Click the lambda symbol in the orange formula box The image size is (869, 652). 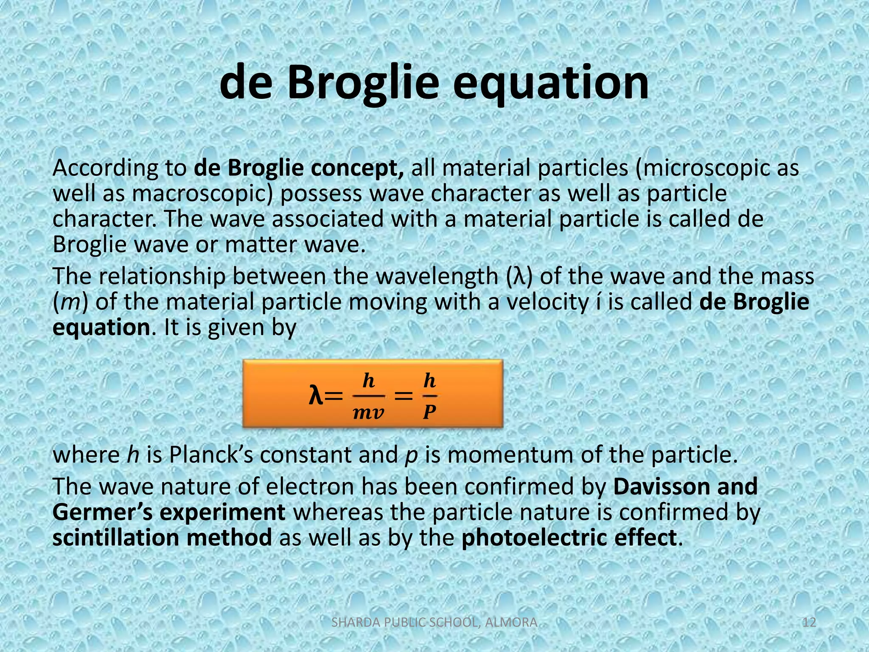coord(316,396)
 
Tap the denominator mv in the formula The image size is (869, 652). coord(368,412)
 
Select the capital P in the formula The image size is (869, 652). coord(429,412)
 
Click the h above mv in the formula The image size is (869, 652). coord(368,380)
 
